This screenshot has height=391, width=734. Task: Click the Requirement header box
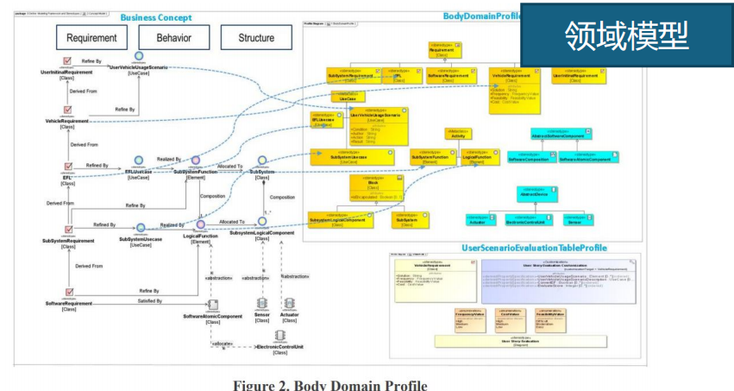(91, 37)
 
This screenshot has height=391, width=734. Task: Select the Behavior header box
(174, 37)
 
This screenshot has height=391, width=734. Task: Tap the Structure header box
(256, 37)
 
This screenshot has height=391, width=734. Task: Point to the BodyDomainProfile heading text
(484, 16)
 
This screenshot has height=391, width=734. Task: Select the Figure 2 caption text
(329, 385)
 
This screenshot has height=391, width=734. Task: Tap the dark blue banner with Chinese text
(626, 35)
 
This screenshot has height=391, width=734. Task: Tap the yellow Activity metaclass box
(456, 133)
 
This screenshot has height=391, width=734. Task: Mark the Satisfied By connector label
(149, 300)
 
